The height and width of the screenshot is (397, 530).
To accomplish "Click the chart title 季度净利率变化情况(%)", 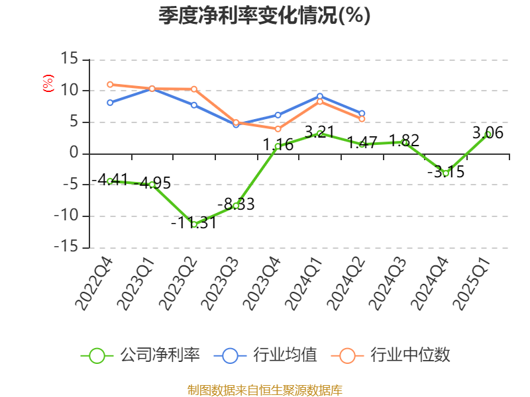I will (x=264, y=15).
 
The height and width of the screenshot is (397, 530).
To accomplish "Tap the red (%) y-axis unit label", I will (x=48, y=84).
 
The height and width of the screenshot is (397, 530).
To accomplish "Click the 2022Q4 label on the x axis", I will (x=94, y=285).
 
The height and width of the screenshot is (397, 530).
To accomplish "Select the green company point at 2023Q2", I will (x=194, y=224).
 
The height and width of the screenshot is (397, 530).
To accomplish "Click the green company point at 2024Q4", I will (x=446, y=173).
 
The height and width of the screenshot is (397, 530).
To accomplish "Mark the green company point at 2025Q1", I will (x=488, y=134).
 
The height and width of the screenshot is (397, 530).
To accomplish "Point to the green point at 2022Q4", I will (x=110, y=181).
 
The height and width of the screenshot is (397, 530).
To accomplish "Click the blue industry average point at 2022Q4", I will (x=110, y=103).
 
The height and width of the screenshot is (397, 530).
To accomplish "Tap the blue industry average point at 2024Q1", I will (x=320, y=96).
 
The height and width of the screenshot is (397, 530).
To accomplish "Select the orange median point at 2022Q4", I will (x=110, y=85).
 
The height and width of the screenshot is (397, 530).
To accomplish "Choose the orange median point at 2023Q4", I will (x=278, y=128).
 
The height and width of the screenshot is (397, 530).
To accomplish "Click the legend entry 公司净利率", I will (x=140, y=355).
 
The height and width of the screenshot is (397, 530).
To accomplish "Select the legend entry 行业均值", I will (x=266, y=355).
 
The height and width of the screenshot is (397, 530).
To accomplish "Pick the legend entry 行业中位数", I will (x=396, y=355).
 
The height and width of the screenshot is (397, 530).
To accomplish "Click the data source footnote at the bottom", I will (x=264, y=390).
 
